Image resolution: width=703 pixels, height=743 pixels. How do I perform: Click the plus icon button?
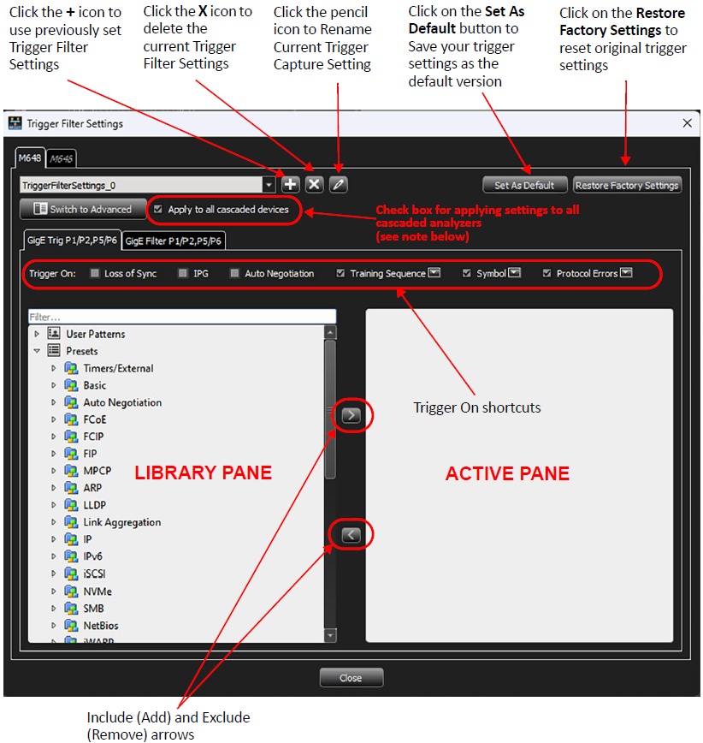click(x=290, y=184)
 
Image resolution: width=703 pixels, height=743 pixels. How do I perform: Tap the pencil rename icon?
click(x=338, y=184)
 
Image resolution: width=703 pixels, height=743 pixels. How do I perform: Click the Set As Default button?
click(x=524, y=185)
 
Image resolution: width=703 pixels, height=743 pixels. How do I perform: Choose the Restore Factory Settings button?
click(x=627, y=185)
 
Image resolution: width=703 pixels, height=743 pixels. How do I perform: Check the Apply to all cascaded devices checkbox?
click(x=158, y=209)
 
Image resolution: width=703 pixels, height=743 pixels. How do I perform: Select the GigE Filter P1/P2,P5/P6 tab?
click(x=174, y=241)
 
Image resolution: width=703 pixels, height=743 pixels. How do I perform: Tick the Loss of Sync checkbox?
click(x=95, y=273)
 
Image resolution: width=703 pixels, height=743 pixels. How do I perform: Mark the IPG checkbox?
click(x=183, y=273)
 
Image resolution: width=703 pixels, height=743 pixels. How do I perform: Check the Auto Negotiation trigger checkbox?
click(x=234, y=273)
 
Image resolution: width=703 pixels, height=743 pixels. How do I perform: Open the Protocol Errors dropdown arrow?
click(x=626, y=272)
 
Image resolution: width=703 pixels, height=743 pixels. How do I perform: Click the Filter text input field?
click(x=182, y=317)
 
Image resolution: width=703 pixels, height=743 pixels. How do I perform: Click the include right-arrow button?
click(x=351, y=415)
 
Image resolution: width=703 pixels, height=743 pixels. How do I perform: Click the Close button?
click(x=351, y=678)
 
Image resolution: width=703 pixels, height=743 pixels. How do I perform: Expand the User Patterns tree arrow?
click(x=37, y=334)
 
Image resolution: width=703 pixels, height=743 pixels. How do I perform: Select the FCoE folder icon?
click(x=71, y=419)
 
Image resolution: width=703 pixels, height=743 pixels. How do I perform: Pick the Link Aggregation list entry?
click(x=122, y=522)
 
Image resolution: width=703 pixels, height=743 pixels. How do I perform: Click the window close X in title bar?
click(x=688, y=123)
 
